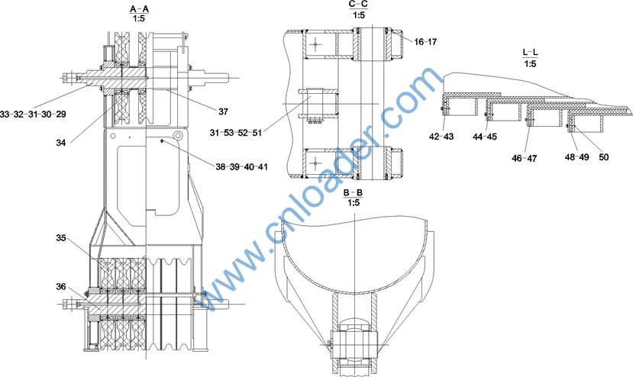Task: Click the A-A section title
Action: (139, 8)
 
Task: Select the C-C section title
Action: (358, 4)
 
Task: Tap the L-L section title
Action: (530, 53)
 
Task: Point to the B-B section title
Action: (353, 192)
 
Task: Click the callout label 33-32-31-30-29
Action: (33, 114)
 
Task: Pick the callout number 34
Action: (61, 143)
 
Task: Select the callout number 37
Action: (223, 111)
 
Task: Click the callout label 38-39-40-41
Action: (241, 166)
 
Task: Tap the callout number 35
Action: (61, 238)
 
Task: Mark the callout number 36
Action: (61, 287)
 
